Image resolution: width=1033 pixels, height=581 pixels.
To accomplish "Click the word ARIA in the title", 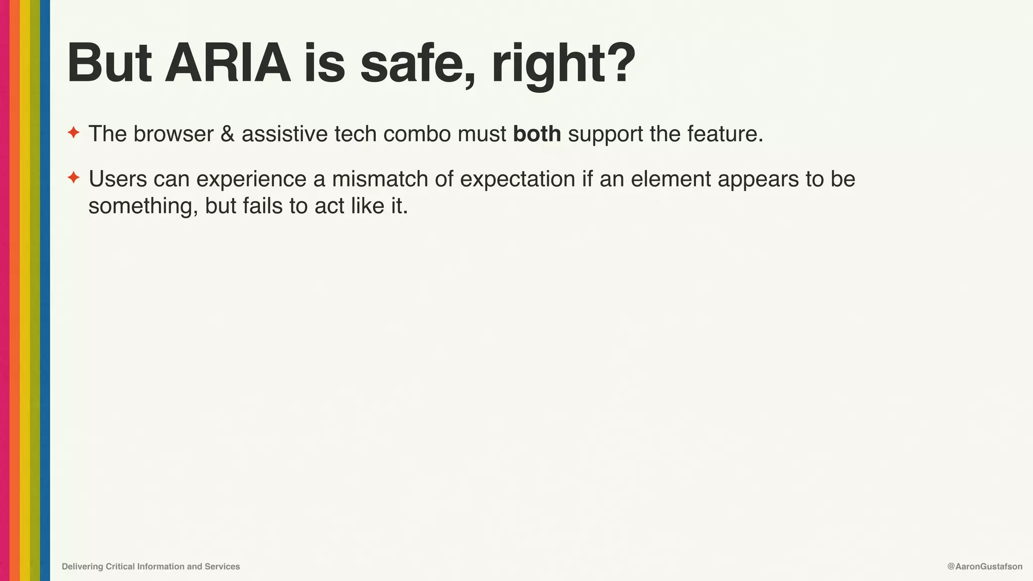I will pyautogui.click(x=228, y=64).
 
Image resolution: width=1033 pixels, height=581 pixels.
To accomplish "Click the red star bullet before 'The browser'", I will pyautogui.click(x=74, y=133).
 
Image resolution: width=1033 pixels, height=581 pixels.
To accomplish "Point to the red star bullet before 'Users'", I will pyautogui.click(x=74, y=178).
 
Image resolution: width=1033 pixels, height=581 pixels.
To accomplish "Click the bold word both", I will pyautogui.click(x=537, y=134).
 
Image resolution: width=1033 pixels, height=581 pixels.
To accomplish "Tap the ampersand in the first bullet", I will pyautogui.click(x=227, y=134).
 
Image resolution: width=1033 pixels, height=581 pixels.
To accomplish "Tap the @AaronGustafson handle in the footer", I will pyautogui.click(x=985, y=566).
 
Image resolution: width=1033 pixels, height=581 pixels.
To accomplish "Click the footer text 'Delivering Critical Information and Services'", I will pyautogui.click(x=151, y=566).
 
